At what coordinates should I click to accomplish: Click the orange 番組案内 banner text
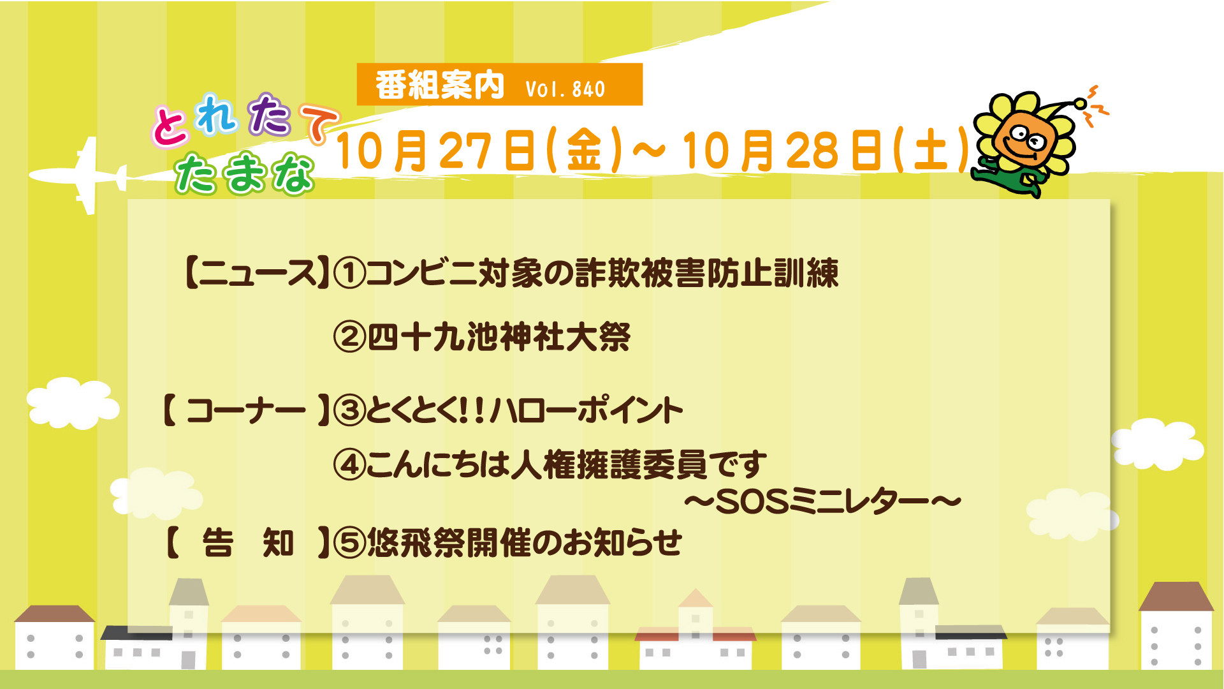[440, 85]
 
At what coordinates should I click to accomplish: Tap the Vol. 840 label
[565, 89]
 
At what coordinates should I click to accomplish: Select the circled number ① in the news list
[349, 273]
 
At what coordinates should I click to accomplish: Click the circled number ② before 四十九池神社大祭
[349, 337]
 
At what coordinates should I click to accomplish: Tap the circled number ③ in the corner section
[349, 410]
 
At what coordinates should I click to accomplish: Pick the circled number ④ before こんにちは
[349, 464]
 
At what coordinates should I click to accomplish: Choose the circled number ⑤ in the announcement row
[349, 543]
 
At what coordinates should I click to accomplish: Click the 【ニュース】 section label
[257, 273]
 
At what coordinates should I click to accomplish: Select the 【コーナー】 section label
[246, 410]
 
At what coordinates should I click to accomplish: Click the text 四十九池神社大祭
[499, 337]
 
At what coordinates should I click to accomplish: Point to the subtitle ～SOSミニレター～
[822, 503]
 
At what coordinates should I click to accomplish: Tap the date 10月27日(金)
[479, 151]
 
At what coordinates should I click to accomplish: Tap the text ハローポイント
[586, 410]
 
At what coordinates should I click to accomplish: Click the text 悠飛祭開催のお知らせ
[525, 543]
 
